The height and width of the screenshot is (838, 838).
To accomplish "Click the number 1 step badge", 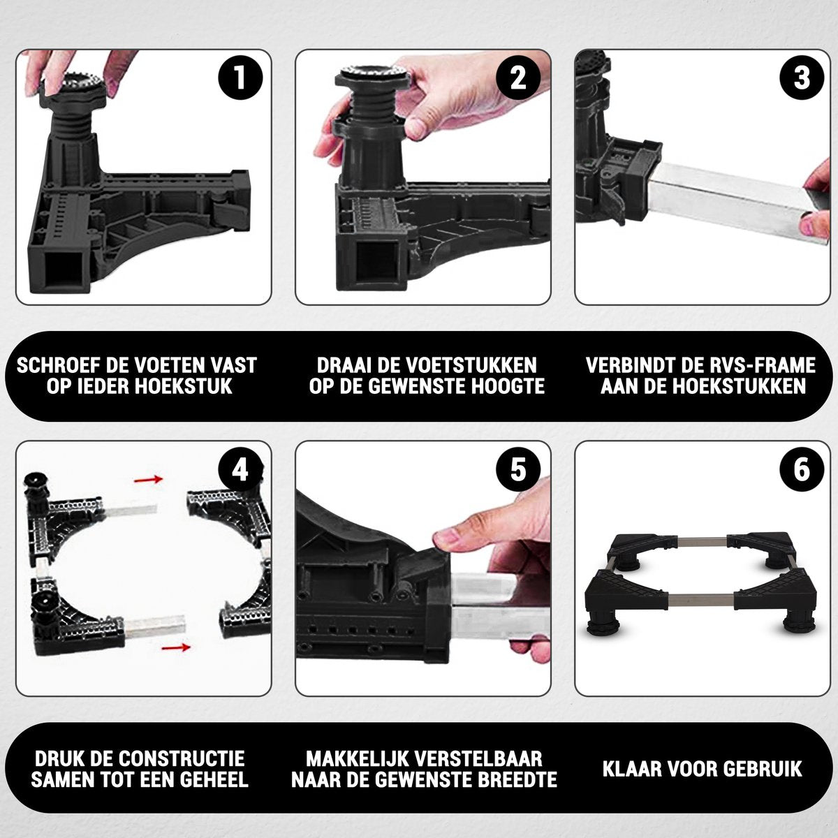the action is [240, 79].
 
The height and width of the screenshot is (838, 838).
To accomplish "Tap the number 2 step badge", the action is [518, 79].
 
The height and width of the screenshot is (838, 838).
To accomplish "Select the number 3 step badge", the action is [802, 79].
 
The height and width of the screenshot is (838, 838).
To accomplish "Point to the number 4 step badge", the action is [240, 470].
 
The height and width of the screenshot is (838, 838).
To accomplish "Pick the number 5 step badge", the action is [518, 470].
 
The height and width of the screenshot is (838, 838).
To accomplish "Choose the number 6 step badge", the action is [802, 470].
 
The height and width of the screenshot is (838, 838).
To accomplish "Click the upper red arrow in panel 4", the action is [148, 480].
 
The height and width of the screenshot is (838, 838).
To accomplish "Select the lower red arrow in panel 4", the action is [176, 647].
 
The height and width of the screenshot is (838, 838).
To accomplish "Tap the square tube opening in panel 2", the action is [376, 263].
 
